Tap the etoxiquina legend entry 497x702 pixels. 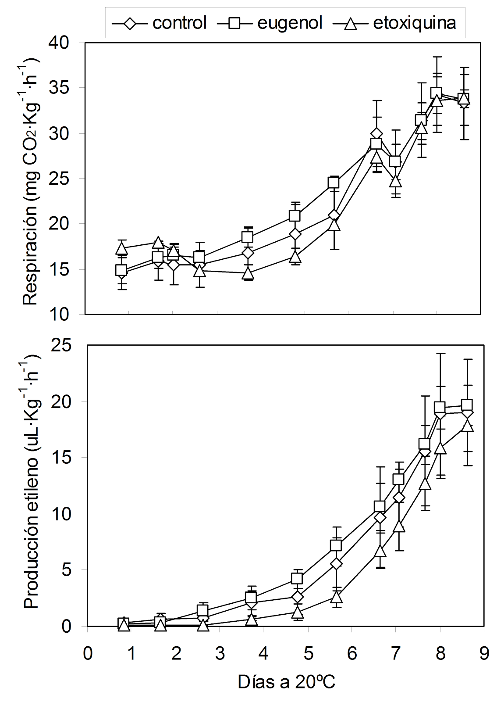pyautogui.click(x=394, y=22)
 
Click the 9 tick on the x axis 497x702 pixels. pyautogui.click(x=483, y=654)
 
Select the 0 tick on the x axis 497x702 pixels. pyautogui.click(x=88, y=654)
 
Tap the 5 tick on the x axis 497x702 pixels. pyautogui.click(x=308, y=654)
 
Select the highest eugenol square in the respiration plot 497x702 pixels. pyautogui.click(x=436, y=93)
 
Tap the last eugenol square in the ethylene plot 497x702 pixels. pyautogui.click(x=467, y=405)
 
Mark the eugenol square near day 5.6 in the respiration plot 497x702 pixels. pyautogui.click(x=334, y=183)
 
